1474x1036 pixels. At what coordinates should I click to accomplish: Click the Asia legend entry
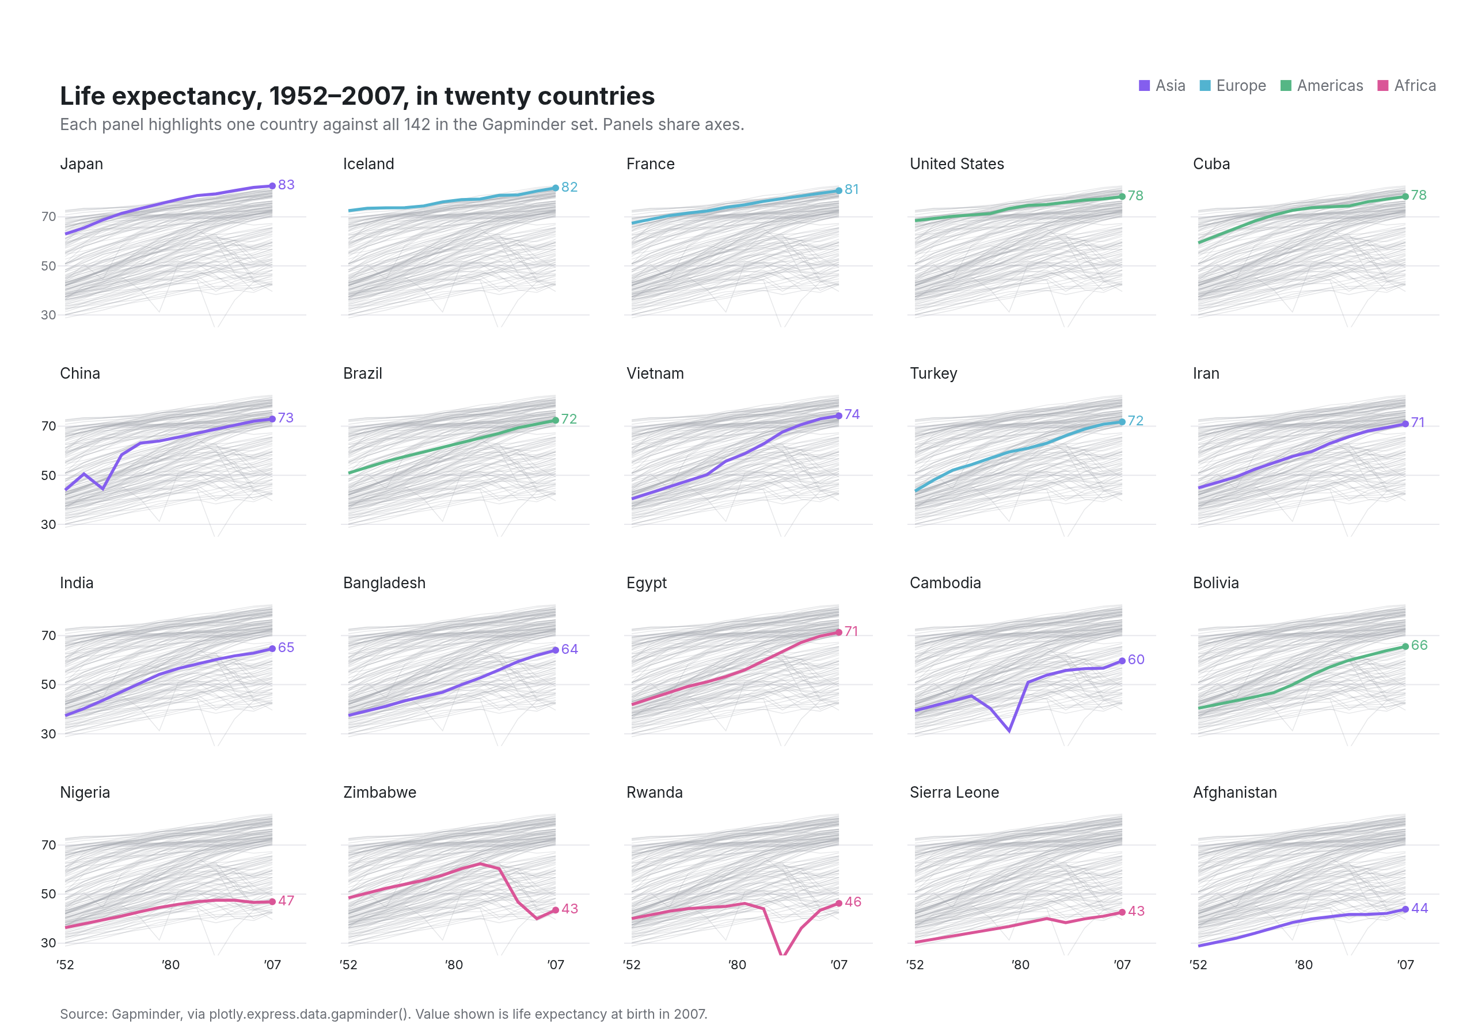[x=1161, y=85]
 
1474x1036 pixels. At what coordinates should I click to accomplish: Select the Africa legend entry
[x=1407, y=85]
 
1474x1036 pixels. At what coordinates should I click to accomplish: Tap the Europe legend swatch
[x=1205, y=85]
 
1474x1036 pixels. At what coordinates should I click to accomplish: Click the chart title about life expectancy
[x=357, y=96]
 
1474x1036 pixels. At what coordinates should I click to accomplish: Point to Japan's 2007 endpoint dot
[x=272, y=185]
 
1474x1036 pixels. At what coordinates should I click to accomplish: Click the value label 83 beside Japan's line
[x=286, y=185]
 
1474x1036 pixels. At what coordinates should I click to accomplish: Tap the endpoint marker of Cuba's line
[x=1405, y=196]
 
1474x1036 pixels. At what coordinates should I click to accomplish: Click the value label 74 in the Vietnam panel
[x=852, y=414]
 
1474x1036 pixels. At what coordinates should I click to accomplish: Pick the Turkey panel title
[x=933, y=374]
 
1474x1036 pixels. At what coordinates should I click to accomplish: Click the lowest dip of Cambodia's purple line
[x=1009, y=731]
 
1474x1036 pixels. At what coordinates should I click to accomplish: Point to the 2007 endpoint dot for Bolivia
[x=1405, y=646]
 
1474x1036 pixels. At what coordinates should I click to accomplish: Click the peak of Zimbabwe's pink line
[x=480, y=863]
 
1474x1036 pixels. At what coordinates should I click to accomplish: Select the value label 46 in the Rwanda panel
[x=853, y=902]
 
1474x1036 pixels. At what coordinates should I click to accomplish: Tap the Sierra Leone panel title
[x=954, y=792]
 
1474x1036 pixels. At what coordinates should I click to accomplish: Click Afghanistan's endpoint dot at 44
[x=1405, y=909]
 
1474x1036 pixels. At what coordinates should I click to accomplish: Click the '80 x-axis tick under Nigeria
[x=171, y=965]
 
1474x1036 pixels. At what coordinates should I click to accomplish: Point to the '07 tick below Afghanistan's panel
[x=1405, y=965]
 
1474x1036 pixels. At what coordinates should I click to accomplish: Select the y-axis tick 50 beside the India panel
[x=49, y=684]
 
